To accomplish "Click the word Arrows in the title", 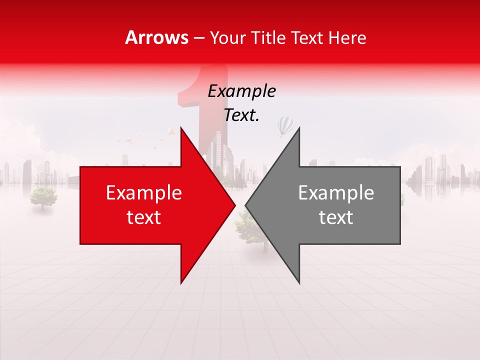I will [157, 37].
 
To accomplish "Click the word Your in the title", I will [227, 37].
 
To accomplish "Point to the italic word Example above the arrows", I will [241, 91].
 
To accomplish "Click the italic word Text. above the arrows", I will [241, 115].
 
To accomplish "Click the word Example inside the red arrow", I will [144, 192].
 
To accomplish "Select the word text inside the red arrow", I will [144, 217].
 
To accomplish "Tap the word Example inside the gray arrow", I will [336, 192].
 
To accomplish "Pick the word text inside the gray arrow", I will [336, 217].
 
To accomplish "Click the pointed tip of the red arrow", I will [235, 205].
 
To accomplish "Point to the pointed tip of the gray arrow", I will [245, 205].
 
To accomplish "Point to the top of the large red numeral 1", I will [210, 70].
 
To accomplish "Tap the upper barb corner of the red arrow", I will [181, 128].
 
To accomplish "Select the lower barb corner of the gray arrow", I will [299, 283].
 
